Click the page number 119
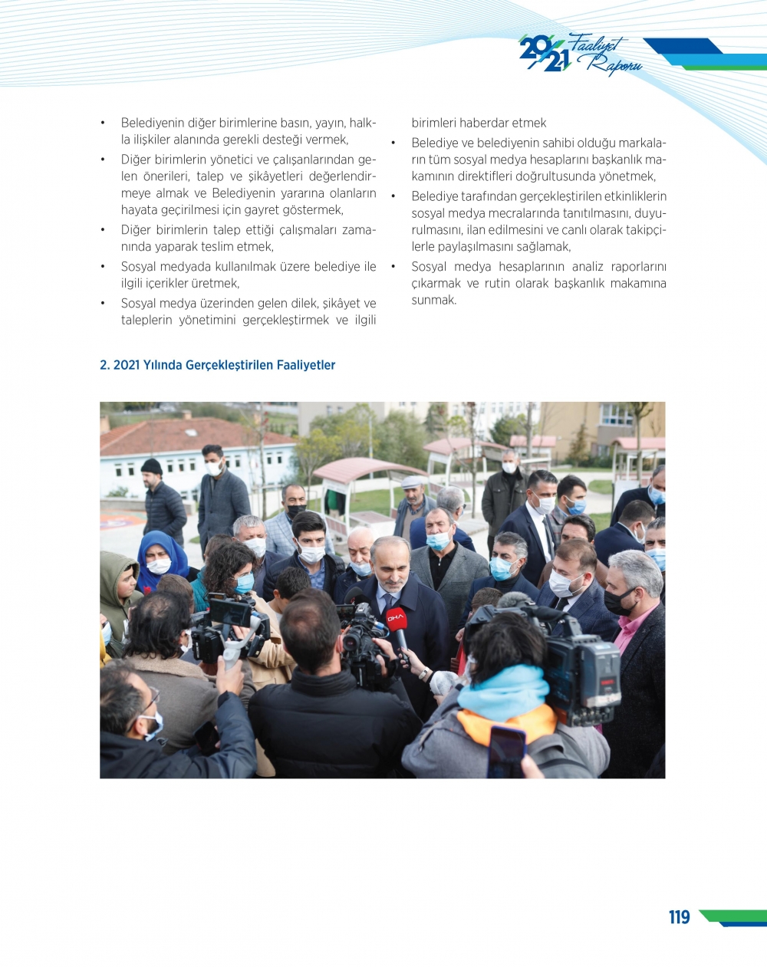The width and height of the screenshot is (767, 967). [679, 917]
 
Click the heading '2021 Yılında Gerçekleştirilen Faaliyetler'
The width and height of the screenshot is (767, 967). [224, 365]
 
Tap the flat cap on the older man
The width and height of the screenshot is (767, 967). [413, 482]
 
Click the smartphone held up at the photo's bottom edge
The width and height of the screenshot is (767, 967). [506, 752]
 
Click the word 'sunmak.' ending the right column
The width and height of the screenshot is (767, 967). [434, 300]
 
